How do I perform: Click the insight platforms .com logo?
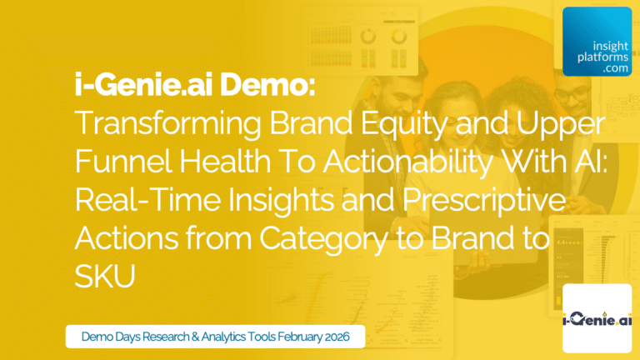(597, 42)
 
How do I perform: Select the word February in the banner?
(296, 337)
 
